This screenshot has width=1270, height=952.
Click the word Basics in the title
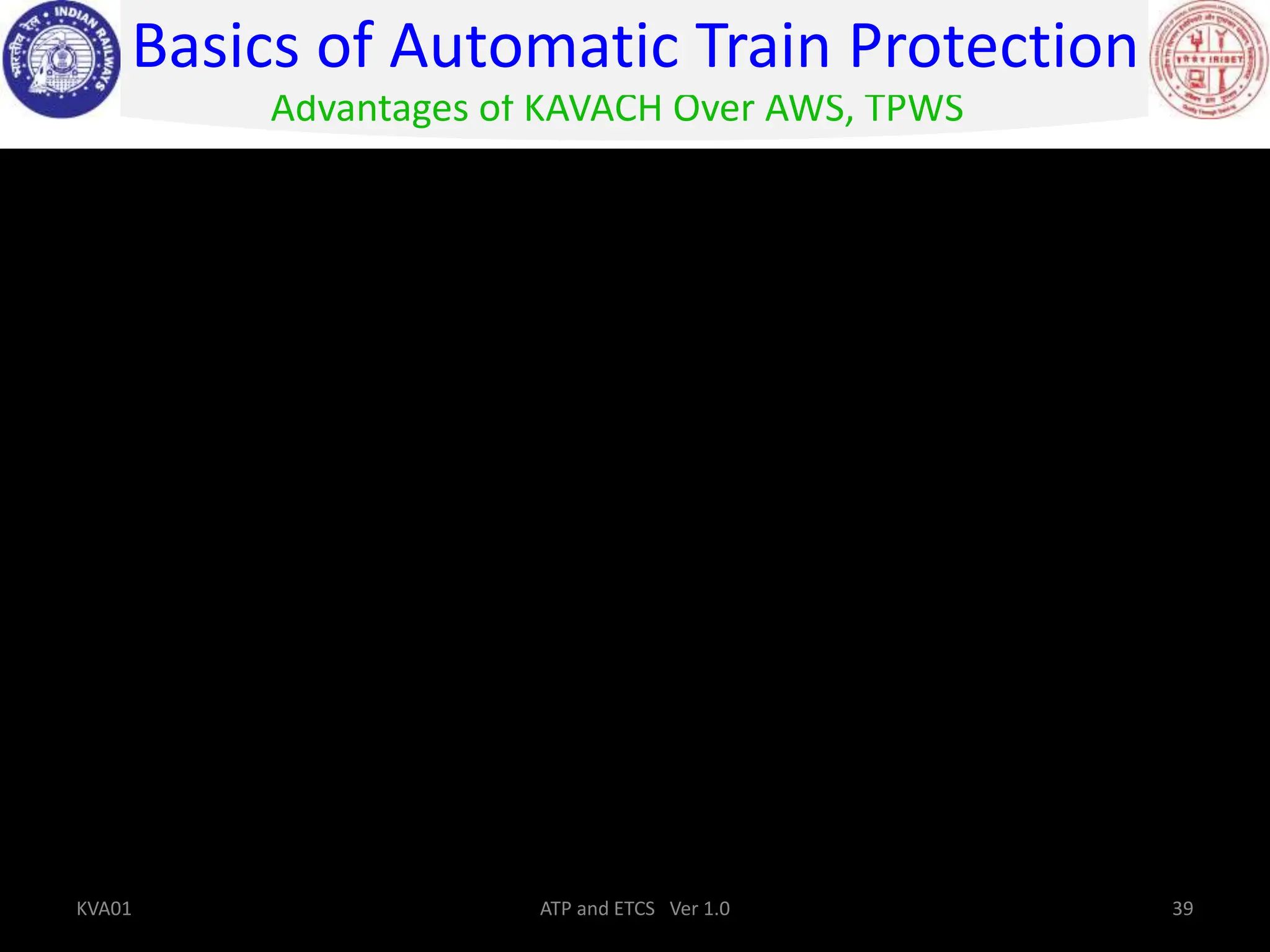coord(216,47)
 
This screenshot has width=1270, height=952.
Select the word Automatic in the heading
coord(534,47)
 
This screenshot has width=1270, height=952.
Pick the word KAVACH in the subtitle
coord(593,109)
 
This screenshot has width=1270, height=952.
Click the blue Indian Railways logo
coord(62,60)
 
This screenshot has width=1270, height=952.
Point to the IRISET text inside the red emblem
coord(1225,60)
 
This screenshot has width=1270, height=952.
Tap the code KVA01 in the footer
coord(104,909)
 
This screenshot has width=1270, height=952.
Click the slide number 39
coord(1183,909)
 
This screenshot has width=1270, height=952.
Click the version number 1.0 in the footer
coord(716,909)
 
